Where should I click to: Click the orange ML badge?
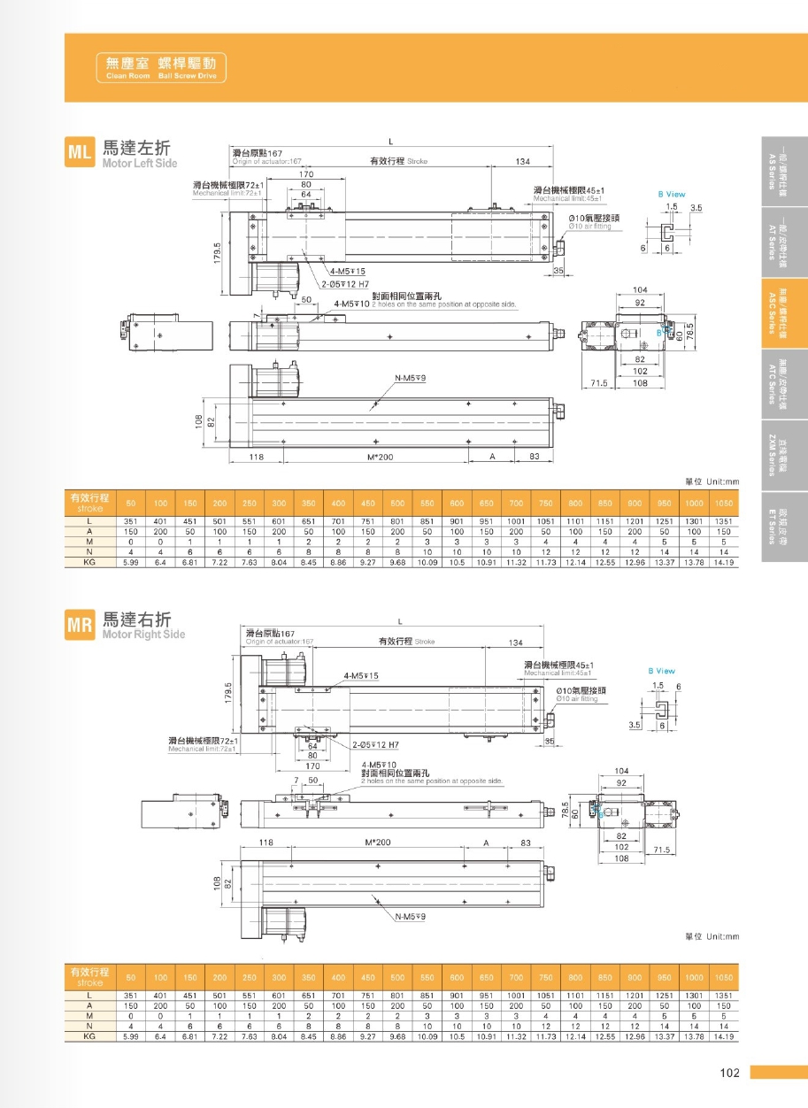tap(80, 152)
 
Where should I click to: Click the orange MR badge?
tap(80, 626)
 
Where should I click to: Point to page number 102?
tap(728, 1073)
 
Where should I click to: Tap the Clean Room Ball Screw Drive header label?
tap(161, 68)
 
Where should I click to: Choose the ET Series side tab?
tap(784, 527)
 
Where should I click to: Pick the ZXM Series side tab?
tap(784, 455)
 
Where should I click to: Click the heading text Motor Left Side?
tap(140, 164)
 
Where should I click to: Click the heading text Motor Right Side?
tap(143, 635)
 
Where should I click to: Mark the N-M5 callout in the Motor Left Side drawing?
tap(411, 378)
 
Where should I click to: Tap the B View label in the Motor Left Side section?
tap(671, 194)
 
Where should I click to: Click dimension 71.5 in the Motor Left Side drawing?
tap(599, 383)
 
